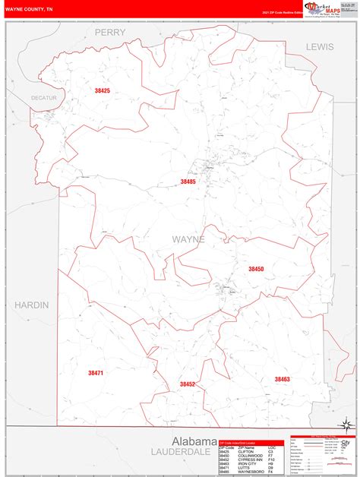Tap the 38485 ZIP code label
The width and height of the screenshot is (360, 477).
pyautogui.click(x=188, y=182)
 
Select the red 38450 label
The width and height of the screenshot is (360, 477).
pyautogui.click(x=256, y=269)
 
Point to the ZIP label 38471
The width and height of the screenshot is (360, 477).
pyautogui.click(x=96, y=373)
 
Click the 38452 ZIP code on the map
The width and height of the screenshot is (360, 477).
pyautogui.click(x=188, y=384)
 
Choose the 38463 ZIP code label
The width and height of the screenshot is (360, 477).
pyautogui.click(x=283, y=379)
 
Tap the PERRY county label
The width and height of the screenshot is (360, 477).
pyautogui.click(x=109, y=33)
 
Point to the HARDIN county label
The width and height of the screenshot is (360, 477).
pyautogui.click(x=31, y=305)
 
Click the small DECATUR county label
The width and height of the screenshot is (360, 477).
pyautogui.click(x=44, y=98)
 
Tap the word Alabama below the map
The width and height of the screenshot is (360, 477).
pyautogui.click(x=194, y=441)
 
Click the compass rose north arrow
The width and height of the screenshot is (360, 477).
pyautogui.click(x=346, y=423)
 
